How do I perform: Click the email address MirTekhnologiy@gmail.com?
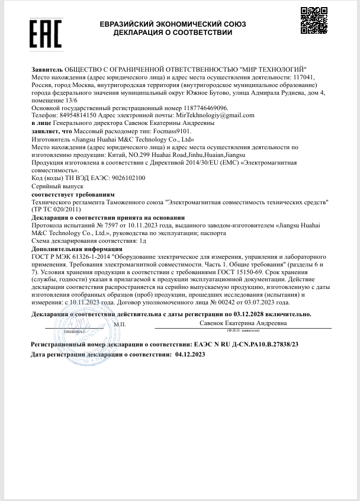click(x=220, y=115)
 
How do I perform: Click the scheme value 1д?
click(x=142, y=241)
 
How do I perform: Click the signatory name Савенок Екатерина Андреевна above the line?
click(x=243, y=323)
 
